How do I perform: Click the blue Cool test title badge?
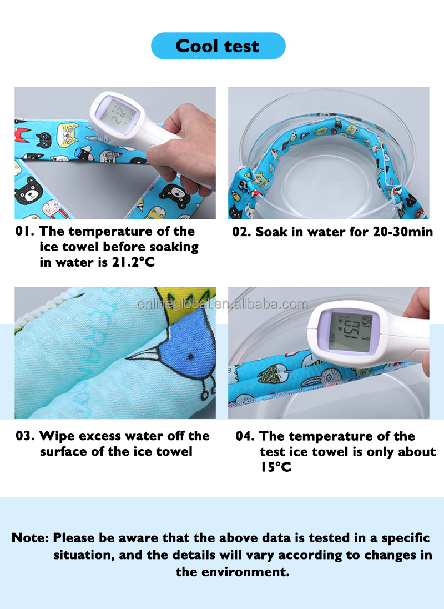point(218,46)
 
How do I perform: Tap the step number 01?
point(24,231)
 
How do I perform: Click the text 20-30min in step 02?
point(402,232)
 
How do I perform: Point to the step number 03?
point(25,436)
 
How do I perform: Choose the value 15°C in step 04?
point(275,467)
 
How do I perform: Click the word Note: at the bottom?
point(30,538)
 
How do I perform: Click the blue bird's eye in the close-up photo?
point(190,357)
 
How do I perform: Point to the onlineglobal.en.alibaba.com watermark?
point(223,304)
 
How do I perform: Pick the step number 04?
point(245,436)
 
